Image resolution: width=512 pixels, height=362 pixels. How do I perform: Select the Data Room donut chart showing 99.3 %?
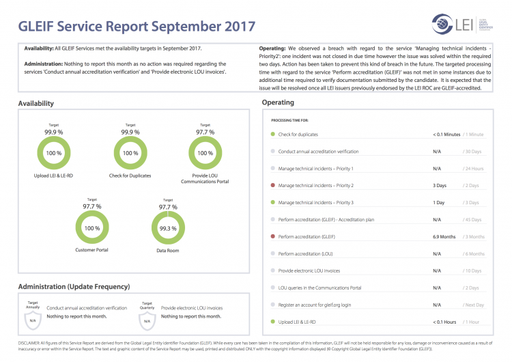click(168, 228)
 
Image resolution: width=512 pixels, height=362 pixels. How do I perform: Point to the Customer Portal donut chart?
click(91, 228)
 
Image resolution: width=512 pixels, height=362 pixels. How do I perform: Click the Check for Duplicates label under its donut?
click(130, 176)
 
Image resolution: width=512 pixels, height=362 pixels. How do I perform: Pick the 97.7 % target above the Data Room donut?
click(168, 206)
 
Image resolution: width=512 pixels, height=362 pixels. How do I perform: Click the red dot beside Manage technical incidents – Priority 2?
click(273, 186)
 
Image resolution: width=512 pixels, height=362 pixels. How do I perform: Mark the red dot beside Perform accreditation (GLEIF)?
click(273, 237)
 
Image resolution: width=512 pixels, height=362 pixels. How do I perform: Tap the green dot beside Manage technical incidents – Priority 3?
click(273, 203)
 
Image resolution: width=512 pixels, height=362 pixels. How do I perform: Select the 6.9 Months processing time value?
click(444, 237)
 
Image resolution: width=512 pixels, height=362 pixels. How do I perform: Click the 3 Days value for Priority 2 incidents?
click(440, 186)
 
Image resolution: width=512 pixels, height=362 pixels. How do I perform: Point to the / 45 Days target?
click(472, 220)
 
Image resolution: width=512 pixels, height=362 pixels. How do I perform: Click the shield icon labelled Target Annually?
click(32, 318)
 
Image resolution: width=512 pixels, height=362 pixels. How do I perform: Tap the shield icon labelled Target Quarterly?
click(147, 318)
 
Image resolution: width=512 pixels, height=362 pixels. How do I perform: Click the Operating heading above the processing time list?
click(278, 102)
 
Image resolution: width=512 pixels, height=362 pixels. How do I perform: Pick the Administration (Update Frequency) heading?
click(74, 287)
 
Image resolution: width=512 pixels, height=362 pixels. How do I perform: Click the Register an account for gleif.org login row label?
click(315, 305)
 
